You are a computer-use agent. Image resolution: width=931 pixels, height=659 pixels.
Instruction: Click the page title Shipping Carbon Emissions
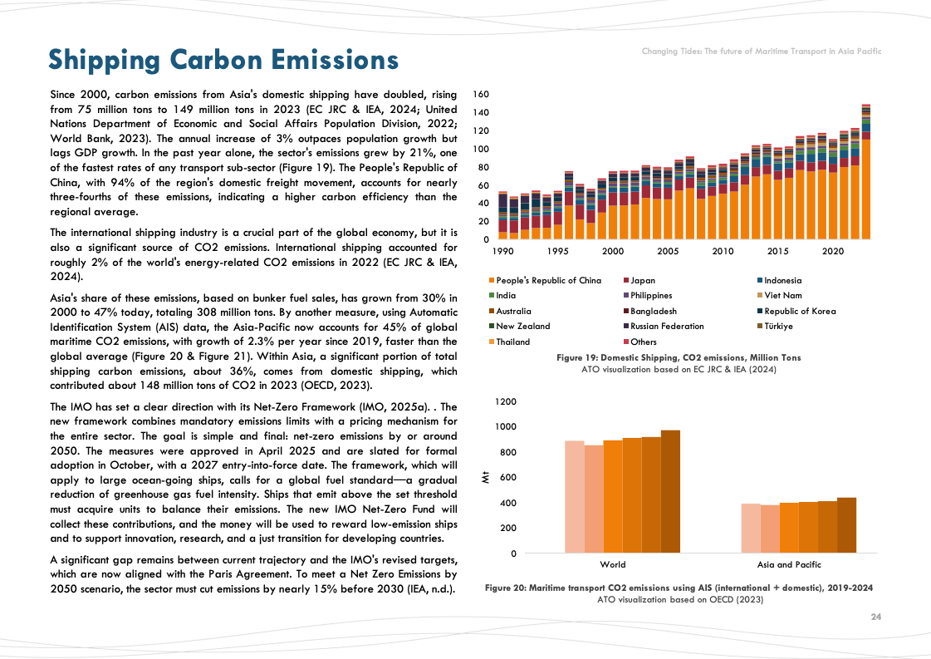click(x=223, y=60)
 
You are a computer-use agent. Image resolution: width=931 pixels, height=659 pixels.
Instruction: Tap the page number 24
click(x=875, y=617)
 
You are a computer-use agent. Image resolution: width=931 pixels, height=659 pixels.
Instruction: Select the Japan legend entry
click(x=643, y=280)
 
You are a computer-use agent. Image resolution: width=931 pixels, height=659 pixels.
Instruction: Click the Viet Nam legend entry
click(x=783, y=295)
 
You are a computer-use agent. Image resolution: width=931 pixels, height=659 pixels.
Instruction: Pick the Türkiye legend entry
click(x=778, y=326)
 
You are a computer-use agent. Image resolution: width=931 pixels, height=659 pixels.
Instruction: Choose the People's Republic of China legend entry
click(x=548, y=280)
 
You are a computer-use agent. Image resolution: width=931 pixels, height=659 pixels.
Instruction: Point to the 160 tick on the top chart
click(x=481, y=95)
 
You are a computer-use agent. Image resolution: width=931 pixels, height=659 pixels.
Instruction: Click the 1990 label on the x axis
click(x=502, y=251)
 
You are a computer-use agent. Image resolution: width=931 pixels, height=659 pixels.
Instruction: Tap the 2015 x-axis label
click(x=778, y=251)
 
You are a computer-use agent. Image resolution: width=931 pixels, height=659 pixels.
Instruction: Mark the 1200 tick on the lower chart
click(x=506, y=401)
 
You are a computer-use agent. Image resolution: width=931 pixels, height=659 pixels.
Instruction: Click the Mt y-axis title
click(x=486, y=477)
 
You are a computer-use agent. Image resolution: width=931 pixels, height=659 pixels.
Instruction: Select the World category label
click(x=613, y=564)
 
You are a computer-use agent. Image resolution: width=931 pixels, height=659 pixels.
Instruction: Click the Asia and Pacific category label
click(x=789, y=564)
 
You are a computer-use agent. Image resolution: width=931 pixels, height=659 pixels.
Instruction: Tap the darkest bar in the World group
click(x=670, y=491)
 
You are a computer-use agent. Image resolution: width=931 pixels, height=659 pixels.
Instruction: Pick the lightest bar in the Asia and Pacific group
click(x=751, y=528)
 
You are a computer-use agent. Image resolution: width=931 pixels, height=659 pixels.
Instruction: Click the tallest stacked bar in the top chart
click(x=866, y=175)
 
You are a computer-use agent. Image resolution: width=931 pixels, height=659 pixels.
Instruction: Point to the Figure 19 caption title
click(x=679, y=357)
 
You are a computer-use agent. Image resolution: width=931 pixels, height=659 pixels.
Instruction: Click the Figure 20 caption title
click(x=679, y=588)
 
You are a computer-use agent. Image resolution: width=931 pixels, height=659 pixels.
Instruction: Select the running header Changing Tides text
click(x=762, y=52)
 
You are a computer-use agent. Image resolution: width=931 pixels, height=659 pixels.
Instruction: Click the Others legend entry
click(x=643, y=342)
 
